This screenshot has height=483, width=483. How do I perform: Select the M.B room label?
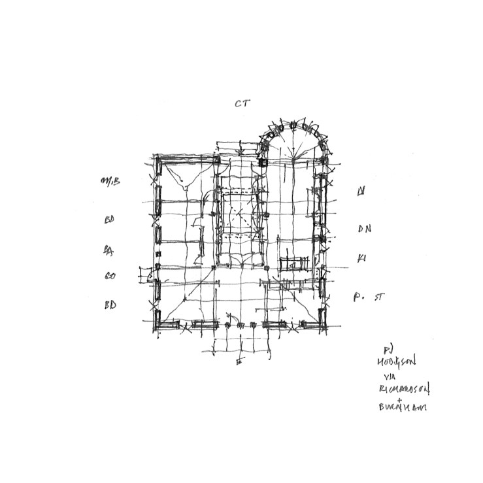coord(109,181)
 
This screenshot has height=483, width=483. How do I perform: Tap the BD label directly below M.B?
coord(109,220)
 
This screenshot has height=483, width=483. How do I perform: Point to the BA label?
coord(108,249)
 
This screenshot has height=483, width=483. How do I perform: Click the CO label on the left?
coord(109,276)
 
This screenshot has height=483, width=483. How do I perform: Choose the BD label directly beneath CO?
coord(109,305)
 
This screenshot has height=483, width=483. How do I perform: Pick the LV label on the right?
coord(360,192)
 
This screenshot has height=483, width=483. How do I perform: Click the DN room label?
coord(364,229)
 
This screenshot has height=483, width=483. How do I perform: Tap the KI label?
coord(361,259)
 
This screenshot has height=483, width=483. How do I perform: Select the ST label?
coord(379,297)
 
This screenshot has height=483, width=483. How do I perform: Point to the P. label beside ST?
coord(358,297)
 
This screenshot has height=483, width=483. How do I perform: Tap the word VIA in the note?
coord(390,375)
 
